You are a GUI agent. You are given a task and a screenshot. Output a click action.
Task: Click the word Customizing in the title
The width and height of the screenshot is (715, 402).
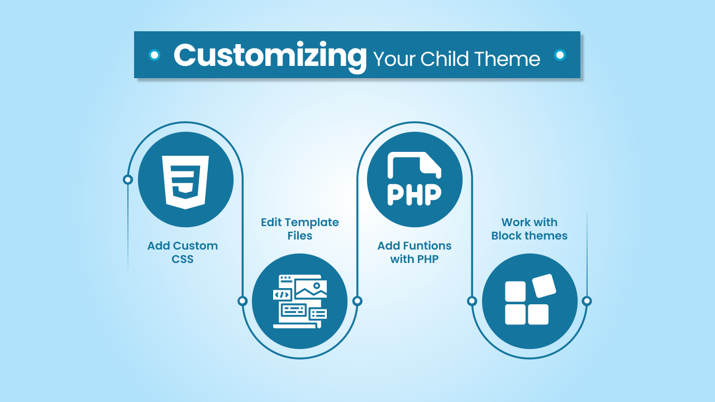(x=269, y=56)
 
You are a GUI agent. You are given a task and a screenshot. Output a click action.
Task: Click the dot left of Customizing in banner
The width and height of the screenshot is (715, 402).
(x=154, y=55)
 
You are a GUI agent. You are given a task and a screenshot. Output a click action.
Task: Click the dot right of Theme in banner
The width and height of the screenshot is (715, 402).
(x=560, y=55)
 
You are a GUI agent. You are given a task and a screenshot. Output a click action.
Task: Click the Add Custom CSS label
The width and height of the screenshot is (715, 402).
(x=183, y=252)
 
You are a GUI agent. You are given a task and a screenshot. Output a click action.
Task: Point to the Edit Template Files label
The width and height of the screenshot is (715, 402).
(x=300, y=229)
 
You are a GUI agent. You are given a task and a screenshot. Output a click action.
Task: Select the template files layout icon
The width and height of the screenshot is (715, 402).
(x=300, y=301)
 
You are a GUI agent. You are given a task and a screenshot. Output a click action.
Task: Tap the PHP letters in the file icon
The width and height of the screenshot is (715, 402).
(x=414, y=194)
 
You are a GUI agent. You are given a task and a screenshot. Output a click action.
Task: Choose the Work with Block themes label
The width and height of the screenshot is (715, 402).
(x=529, y=229)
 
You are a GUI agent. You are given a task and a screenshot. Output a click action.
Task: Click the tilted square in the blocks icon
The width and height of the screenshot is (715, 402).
(x=544, y=286)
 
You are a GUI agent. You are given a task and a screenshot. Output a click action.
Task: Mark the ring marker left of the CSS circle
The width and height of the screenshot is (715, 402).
(x=128, y=179)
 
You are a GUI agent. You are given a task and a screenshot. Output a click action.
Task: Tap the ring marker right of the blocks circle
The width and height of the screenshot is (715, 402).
(x=587, y=301)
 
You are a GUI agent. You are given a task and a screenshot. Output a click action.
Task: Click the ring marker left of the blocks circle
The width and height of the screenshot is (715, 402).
(x=472, y=301)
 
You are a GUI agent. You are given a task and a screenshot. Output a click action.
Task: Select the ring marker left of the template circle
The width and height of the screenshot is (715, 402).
(x=242, y=301)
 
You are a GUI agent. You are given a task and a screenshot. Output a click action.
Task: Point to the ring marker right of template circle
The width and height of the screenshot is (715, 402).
(x=357, y=301)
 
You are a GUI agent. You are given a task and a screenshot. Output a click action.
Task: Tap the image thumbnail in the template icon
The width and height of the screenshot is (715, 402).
(x=311, y=289)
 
